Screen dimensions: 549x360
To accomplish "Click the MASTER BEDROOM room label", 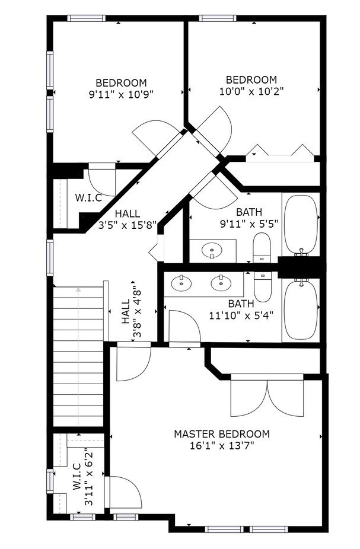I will pyautogui.click(x=221, y=434).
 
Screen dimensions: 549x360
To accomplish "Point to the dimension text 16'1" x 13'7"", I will pyautogui.click(x=221, y=446).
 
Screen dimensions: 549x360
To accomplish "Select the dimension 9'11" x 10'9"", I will pyautogui.click(x=121, y=93).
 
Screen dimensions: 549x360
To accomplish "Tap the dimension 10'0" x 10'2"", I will pyautogui.click(x=251, y=91).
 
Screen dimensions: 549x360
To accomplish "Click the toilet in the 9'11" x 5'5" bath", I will pyautogui.click(x=262, y=247).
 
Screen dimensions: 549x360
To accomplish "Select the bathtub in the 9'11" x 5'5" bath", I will pyautogui.click(x=301, y=225).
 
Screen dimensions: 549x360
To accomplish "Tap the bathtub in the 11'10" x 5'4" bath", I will pyautogui.click(x=301, y=309).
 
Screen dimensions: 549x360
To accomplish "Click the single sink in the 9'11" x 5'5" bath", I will pyautogui.click(x=212, y=251).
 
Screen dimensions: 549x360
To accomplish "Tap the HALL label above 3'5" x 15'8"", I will pyautogui.click(x=128, y=213).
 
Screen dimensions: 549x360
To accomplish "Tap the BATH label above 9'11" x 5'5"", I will pyautogui.click(x=249, y=212).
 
